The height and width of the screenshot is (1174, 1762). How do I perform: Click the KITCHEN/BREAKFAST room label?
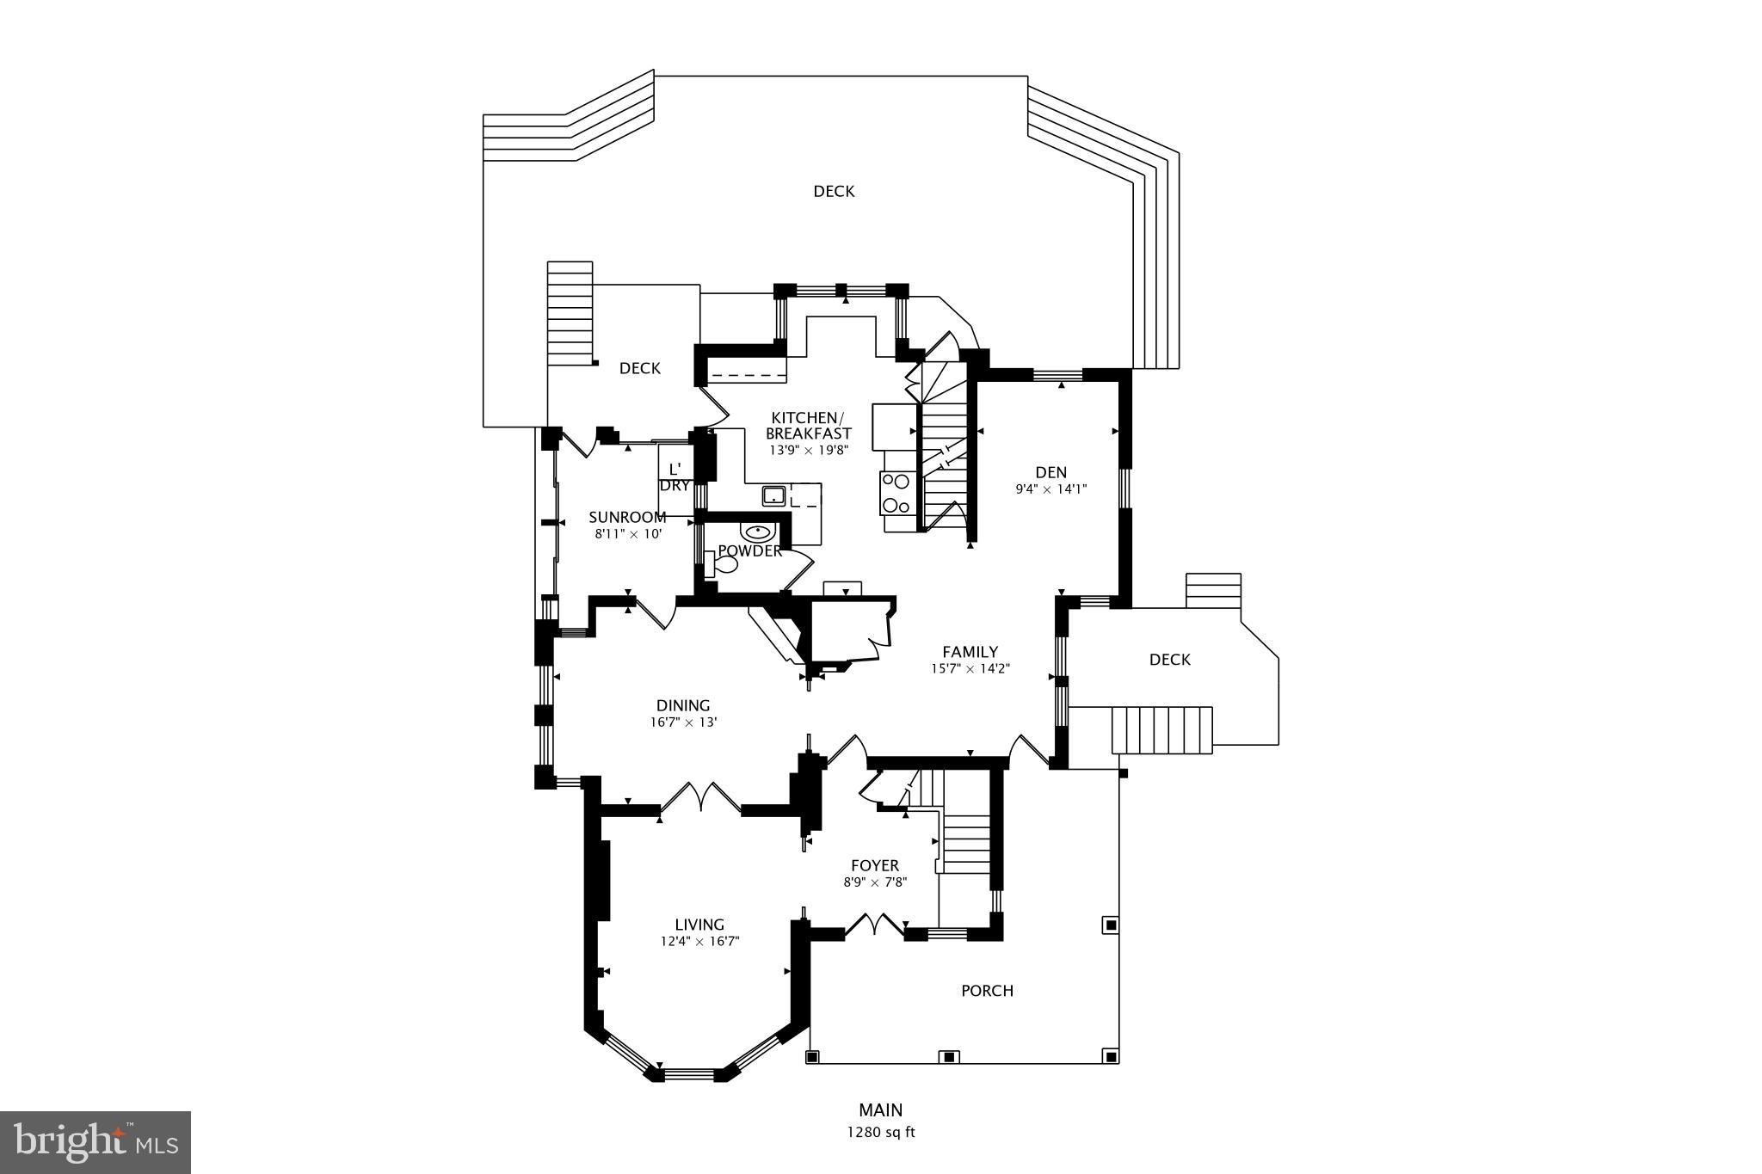point(808,425)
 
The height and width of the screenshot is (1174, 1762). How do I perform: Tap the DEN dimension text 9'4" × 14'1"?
point(1050,489)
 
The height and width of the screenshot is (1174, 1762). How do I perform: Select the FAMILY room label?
point(970,652)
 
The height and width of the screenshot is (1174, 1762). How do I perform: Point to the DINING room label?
point(683,706)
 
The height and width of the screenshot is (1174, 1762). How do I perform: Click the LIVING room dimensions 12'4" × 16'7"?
point(699,941)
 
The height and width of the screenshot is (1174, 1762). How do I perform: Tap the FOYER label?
point(875,866)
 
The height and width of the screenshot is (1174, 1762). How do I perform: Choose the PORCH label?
point(987,991)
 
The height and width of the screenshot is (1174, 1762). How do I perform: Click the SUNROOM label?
point(627,517)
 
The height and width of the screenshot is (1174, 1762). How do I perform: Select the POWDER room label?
point(749,551)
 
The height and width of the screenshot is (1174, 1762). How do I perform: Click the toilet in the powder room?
point(724,566)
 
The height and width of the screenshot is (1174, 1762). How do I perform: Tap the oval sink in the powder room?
point(755,532)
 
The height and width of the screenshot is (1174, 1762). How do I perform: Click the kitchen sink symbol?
point(774,495)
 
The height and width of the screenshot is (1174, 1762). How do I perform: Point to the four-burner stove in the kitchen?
point(896,494)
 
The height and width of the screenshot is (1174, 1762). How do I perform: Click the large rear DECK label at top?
point(834,191)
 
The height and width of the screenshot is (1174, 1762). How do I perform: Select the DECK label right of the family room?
point(1169,660)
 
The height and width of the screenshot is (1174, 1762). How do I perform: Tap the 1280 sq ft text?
point(880,1132)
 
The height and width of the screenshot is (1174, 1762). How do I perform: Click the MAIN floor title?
point(880,1110)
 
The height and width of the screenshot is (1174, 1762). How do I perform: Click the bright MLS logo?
point(95,1142)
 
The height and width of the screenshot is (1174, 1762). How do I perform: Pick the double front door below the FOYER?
point(874,927)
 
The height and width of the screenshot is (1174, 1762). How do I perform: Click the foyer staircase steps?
point(967,843)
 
